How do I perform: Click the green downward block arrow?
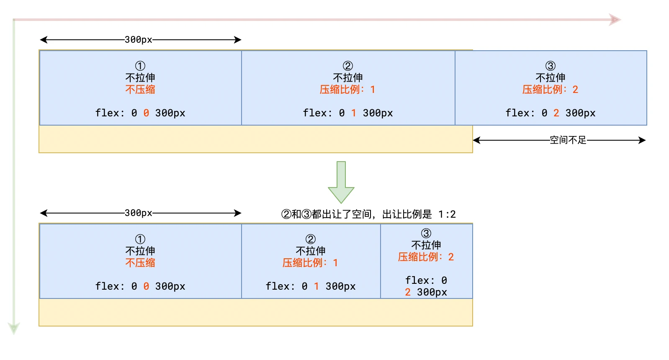coord(341,183)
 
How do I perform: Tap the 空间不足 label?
coord(568,140)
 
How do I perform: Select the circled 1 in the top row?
coord(140,66)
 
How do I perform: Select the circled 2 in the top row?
coord(347,66)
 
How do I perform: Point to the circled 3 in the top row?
coord(550,66)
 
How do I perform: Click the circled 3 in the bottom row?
coord(426,233)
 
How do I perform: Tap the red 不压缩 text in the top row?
coord(140,90)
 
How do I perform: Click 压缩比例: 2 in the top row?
coord(550,90)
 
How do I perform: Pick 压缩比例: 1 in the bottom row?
coord(310,263)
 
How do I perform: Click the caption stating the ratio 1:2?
coord(368,214)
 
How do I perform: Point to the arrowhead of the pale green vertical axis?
coord(14,328)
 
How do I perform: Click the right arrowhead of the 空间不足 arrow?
coord(642,140)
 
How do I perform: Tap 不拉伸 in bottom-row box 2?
coord(310,251)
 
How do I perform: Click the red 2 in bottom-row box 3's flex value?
coord(408,292)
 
